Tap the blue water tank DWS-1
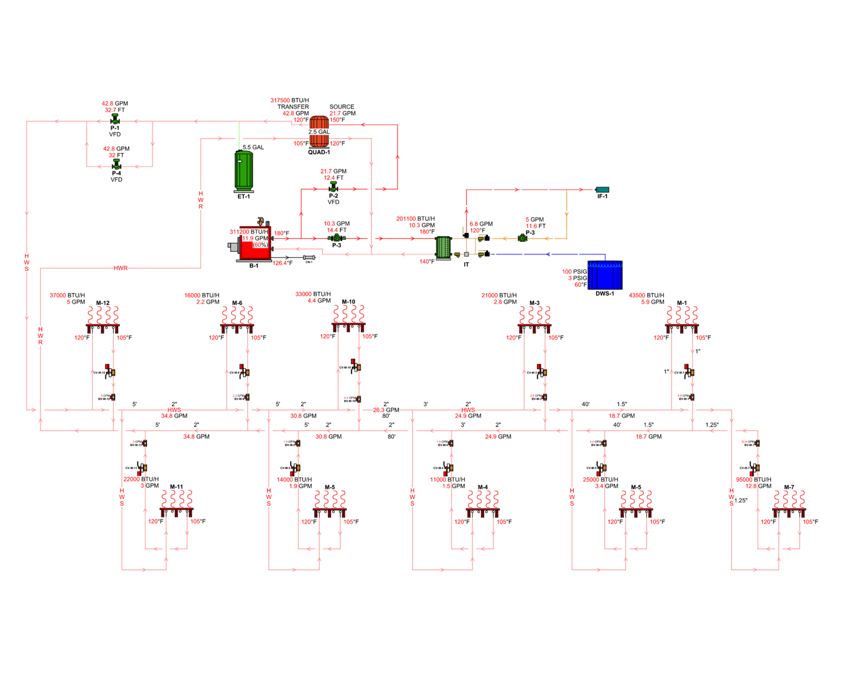[605, 275]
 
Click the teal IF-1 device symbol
[602, 190]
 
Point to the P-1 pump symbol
[115, 119]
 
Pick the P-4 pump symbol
[116, 165]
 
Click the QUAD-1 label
[319, 152]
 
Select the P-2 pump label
[333, 196]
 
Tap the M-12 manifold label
[102, 303]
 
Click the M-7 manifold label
[789, 487]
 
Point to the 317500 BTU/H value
[289, 100]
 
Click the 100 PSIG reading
[574, 272]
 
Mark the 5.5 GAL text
[253, 148]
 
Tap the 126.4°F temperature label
[283, 263]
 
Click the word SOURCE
[341, 107]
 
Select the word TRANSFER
[293, 107]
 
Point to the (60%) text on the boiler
[260, 245]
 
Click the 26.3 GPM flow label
[386, 410]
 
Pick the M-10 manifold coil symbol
[348, 315]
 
